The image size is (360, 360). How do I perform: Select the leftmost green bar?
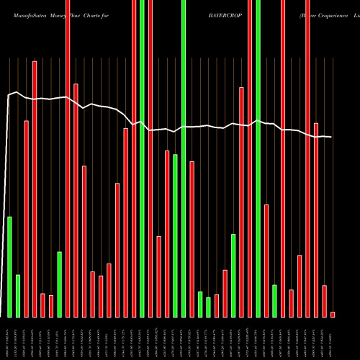pos(10,266)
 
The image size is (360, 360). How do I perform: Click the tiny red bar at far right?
pos(333,314)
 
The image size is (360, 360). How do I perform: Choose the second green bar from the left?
pos(18,296)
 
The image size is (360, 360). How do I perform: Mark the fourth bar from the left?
pos(35,189)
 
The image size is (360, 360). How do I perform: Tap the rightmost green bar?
pos(274,301)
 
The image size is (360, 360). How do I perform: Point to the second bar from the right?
pos(325,301)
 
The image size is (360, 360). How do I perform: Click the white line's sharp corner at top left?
pos(9,95)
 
